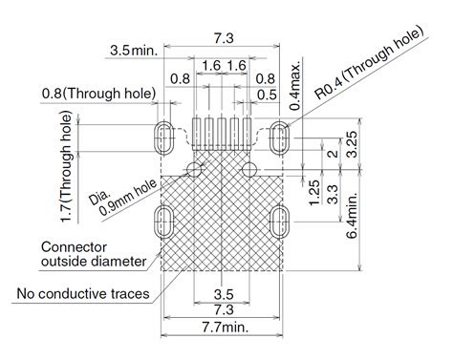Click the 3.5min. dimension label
134,51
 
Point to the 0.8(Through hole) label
98,94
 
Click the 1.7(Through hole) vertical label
66,167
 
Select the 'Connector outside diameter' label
94,254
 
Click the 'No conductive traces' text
83,293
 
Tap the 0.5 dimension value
267,95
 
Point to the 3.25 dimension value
352,144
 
